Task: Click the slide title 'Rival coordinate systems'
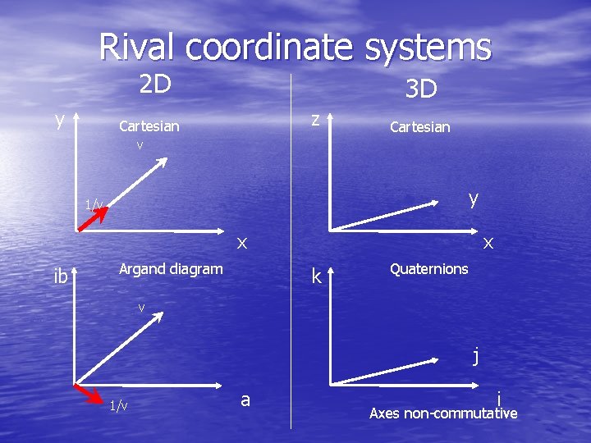(295, 47)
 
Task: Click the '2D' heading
(154, 84)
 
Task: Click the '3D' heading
(422, 89)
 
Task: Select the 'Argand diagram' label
(171, 269)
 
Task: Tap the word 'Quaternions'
(429, 269)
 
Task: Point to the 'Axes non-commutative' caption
(443, 413)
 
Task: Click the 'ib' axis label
(60, 276)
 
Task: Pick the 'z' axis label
(314, 118)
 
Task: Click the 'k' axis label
(316, 276)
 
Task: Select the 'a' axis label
(245, 400)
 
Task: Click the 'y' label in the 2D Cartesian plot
(60, 120)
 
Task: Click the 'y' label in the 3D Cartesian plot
(473, 199)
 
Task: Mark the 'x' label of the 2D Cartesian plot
(242, 242)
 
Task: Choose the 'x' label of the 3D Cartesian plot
(488, 242)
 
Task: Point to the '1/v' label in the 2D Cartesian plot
(94, 204)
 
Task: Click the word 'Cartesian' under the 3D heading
(419, 127)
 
